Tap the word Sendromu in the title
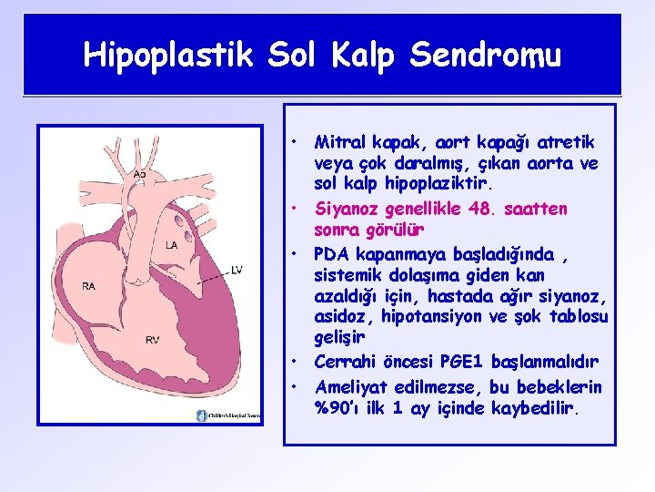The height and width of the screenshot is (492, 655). tap(486, 56)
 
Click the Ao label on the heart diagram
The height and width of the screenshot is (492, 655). tap(139, 174)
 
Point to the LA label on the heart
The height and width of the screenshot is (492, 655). tap(171, 245)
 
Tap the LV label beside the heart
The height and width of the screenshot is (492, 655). tap(237, 270)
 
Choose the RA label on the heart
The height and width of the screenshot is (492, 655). tap(89, 286)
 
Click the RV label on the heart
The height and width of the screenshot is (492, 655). tap(153, 340)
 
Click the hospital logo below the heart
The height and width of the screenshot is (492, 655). tap(228, 415)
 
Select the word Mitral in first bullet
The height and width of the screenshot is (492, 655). tap(338, 142)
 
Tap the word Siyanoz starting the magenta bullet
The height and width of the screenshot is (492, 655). tap(347, 209)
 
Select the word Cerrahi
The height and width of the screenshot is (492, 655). tap(347, 362)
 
